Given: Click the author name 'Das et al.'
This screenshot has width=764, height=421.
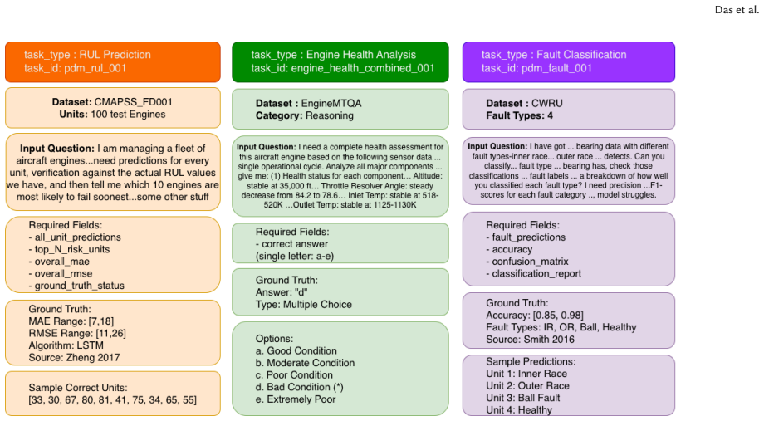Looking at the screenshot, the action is (x=737, y=10).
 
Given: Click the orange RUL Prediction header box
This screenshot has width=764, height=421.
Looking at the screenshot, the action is (x=113, y=62).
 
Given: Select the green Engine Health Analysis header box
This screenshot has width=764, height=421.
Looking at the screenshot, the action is (x=340, y=62).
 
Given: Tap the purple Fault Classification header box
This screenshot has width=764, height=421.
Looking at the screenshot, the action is (x=569, y=62).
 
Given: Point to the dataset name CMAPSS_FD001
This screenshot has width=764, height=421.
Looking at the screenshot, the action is (x=133, y=102).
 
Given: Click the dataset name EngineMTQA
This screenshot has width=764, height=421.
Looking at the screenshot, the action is (x=331, y=103).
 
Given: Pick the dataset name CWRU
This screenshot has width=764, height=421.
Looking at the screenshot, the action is (x=546, y=103).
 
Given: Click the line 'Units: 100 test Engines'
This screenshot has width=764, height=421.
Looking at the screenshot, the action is (x=113, y=115).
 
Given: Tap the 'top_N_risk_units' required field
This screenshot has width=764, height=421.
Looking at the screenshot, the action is (x=69, y=249).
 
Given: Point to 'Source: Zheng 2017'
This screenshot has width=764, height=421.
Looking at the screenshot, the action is (x=74, y=358).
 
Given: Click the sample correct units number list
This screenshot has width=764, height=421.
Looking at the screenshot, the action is (x=113, y=400).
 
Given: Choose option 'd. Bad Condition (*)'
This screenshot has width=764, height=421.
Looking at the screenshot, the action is (x=299, y=388).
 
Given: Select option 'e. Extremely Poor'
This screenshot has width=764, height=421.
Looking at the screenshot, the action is (x=296, y=399).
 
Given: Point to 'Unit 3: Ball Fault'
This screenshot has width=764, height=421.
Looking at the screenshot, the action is (x=523, y=398).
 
